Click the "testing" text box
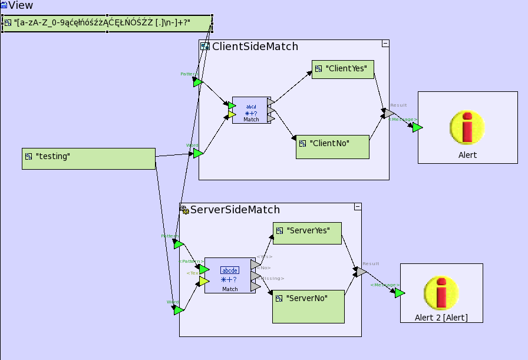coord(88,158)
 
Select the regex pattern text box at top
coord(107,24)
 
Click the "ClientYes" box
coord(343,69)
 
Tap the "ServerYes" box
coord(307,233)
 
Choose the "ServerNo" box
coord(308,306)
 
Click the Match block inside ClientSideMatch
coord(250,110)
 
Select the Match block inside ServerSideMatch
coord(230,275)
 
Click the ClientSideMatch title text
coord(255,47)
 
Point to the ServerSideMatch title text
coord(235,210)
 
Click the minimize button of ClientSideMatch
coord(385,44)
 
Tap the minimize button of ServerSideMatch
coord(357,207)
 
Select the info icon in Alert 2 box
coord(441,292)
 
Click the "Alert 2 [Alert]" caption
coord(441,318)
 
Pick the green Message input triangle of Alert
coord(417,127)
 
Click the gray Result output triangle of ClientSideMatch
coord(389,113)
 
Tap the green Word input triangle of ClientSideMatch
coord(198,153)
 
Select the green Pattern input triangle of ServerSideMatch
coord(178,243)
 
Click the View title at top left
coord(20,5)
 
